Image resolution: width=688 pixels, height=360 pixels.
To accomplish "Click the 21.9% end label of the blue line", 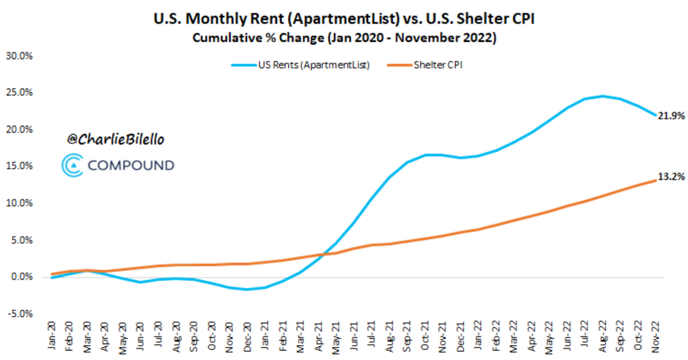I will tap(671, 116).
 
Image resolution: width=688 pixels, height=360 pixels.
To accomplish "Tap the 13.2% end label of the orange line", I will tap(671, 177).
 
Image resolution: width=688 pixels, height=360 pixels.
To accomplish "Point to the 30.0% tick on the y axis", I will tap(19, 56).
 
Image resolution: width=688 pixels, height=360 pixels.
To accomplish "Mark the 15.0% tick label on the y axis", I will tap(19, 166).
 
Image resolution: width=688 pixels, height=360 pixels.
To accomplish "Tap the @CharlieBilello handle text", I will tap(115, 140).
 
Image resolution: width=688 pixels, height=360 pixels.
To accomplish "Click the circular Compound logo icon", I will tap(72, 165).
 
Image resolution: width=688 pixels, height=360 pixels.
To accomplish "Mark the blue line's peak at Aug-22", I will tap(603, 96).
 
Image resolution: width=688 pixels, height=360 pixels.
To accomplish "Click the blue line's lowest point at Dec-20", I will tap(247, 289).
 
